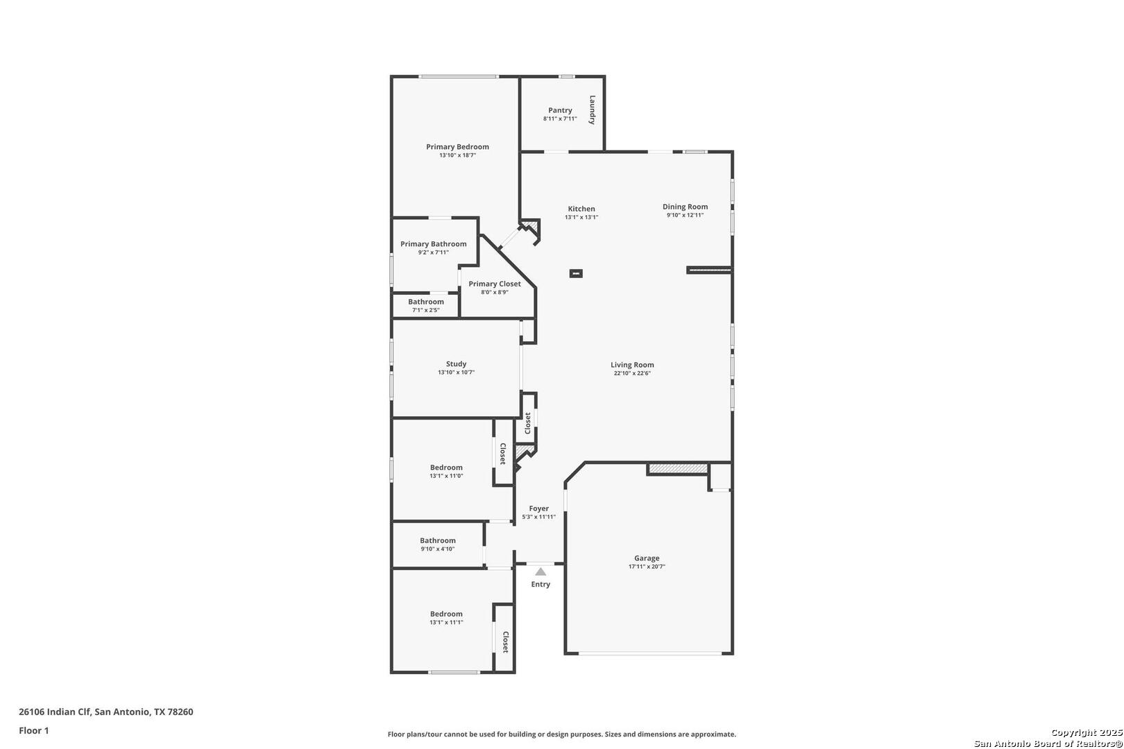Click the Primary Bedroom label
[x=457, y=146]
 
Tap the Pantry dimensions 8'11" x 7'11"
[x=560, y=119]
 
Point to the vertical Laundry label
[x=592, y=110]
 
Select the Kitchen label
[x=581, y=209]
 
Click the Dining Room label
[x=685, y=207]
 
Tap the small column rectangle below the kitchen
[x=576, y=273]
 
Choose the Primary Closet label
[x=494, y=284]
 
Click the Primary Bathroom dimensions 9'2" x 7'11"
[x=433, y=252]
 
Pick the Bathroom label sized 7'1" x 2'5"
[x=425, y=302]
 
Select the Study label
[x=456, y=363]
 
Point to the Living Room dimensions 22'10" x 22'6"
[x=632, y=373]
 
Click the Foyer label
[x=538, y=508]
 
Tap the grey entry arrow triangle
[x=540, y=572]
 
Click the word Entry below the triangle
[x=540, y=584]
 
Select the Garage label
[x=647, y=558]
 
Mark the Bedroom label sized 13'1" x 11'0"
[x=446, y=467]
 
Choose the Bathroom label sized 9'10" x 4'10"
[x=438, y=540]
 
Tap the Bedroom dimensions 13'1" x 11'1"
[x=446, y=622]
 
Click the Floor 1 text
[x=33, y=730]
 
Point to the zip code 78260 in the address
[x=180, y=712]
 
